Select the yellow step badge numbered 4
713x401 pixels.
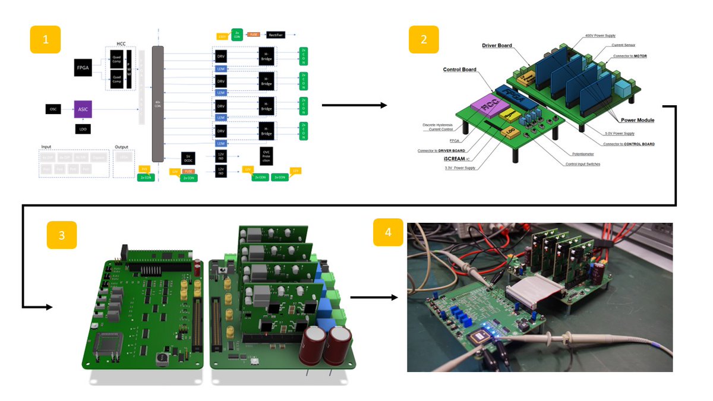click(x=388, y=232)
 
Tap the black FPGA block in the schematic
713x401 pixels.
click(x=83, y=68)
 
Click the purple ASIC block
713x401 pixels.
click(x=83, y=109)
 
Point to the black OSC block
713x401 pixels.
click(x=53, y=109)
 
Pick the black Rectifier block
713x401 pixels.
click(x=275, y=35)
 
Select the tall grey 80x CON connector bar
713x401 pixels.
click(x=157, y=104)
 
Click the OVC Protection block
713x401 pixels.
click(x=267, y=157)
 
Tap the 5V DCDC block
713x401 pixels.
click(x=188, y=157)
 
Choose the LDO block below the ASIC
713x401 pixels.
click(x=83, y=128)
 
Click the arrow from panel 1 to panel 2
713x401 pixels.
click(x=354, y=105)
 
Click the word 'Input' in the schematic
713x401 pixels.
click(x=47, y=146)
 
